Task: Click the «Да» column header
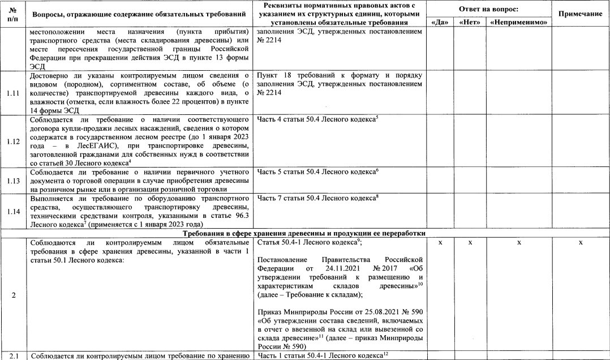(439, 23)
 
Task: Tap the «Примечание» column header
(581, 13)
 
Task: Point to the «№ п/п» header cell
(12, 13)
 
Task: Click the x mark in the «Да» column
(439, 242)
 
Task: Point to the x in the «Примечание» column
(581, 242)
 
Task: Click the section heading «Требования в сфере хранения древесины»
(304, 233)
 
